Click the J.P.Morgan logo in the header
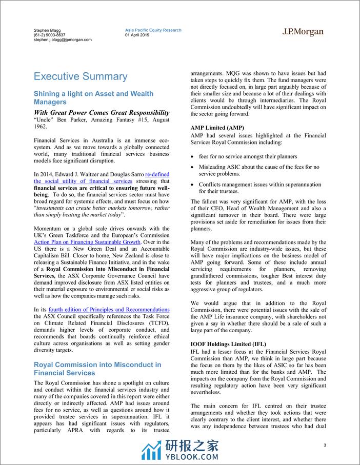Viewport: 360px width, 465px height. point(303,32)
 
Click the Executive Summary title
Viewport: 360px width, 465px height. point(80,76)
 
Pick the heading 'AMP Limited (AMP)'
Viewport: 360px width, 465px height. point(217,127)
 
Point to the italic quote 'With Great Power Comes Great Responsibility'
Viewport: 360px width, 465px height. point(102,112)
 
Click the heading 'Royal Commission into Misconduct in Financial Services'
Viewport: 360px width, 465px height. point(97,369)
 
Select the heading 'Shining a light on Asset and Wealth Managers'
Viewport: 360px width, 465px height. point(93,98)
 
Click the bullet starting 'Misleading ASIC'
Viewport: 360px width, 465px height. point(258,171)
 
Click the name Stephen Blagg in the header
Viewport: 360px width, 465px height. point(47,30)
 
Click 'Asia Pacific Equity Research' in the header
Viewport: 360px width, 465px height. point(153,30)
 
